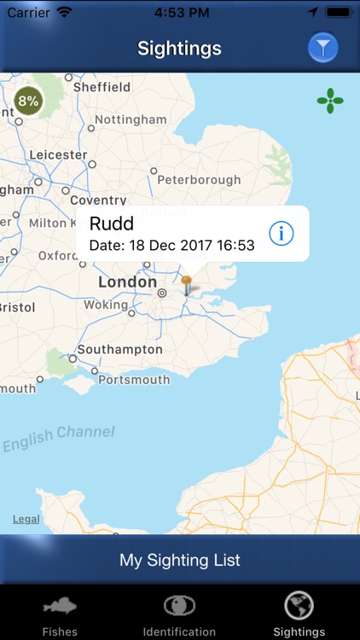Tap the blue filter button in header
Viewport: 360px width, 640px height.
(x=323, y=49)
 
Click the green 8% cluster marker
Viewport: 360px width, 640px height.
(x=28, y=101)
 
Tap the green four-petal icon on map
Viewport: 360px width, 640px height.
(x=330, y=101)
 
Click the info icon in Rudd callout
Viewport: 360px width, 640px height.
(x=282, y=233)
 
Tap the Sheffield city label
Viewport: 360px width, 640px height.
(x=102, y=87)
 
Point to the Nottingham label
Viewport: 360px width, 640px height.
(x=131, y=119)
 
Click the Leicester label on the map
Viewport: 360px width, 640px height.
(x=58, y=155)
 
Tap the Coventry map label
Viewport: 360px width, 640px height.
(x=98, y=201)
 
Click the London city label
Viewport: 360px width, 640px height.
(x=127, y=282)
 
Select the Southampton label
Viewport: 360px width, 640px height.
(x=119, y=349)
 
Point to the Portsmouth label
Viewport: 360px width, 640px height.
(x=134, y=380)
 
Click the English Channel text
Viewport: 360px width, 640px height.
(x=59, y=439)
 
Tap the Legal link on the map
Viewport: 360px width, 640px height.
(x=26, y=519)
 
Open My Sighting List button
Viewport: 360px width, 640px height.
(x=180, y=561)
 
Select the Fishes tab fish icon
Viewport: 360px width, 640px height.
(x=60, y=607)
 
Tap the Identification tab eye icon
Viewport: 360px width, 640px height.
(x=179, y=606)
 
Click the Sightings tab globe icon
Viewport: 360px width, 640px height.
(x=299, y=606)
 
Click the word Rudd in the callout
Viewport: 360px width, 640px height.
(x=112, y=224)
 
